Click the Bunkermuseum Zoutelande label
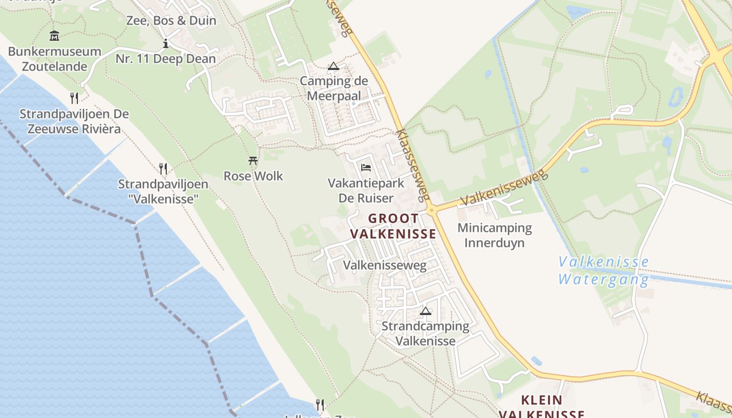tap(54, 59)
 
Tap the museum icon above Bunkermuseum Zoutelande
tap(54, 36)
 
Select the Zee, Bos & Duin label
tap(171, 21)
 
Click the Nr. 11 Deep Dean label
tap(166, 59)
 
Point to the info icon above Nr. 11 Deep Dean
tap(166, 43)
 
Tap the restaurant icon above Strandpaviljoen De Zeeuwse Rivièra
tap(74, 98)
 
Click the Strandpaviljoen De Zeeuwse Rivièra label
tap(74, 121)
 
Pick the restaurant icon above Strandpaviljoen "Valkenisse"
tap(163, 168)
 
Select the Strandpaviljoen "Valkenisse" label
tap(163, 191)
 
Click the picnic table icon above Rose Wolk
tap(254, 160)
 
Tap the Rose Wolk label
tap(254, 176)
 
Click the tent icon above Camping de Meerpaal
tap(334, 66)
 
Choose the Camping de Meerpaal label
tap(334, 88)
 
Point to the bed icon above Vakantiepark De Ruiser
tap(366, 168)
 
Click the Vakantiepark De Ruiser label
tap(366, 191)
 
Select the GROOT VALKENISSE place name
tap(393, 226)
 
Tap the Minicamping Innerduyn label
tap(495, 235)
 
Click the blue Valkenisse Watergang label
tap(603, 270)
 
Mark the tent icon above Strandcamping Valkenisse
tap(426, 311)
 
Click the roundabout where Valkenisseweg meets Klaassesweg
tap(432, 211)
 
